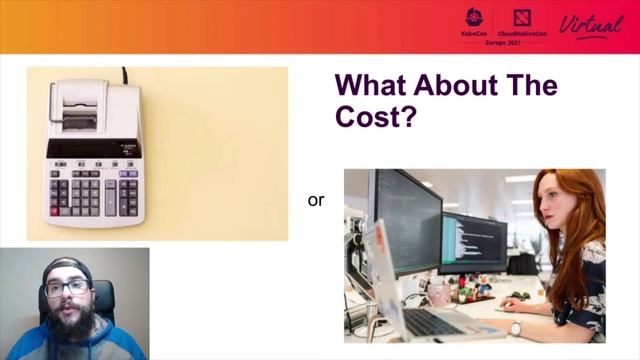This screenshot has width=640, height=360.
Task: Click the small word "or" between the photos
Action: pyautogui.click(x=316, y=201)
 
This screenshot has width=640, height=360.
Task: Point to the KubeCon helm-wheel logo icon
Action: pyautogui.click(x=475, y=17)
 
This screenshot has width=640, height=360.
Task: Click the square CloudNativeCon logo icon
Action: pyautogui.click(x=521, y=17)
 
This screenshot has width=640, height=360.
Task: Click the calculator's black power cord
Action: pyautogui.click(x=125, y=75)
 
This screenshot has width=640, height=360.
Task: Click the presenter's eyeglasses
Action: pyautogui.click(x=67, y=288)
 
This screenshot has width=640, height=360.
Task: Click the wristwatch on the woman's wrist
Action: pyautogui.click(x=515, y=327)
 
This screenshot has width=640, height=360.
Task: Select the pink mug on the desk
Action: pyautogui.click(x=438, y=293)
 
